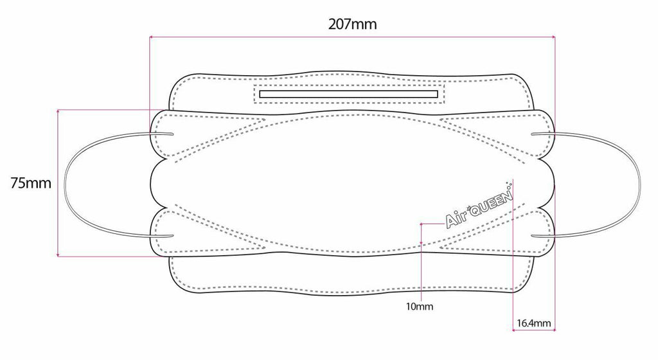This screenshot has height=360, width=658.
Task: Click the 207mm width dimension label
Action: (x=352, y=24)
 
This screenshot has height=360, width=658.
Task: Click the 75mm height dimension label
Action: (x=31, y=183)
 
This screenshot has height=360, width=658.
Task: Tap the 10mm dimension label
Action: (x=419, y=306)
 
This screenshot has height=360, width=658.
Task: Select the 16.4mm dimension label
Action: (x=533, y=323)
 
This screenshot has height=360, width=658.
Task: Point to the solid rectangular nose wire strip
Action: (x=349, y=94)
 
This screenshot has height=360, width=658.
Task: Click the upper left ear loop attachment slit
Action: (x=162, y=134)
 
